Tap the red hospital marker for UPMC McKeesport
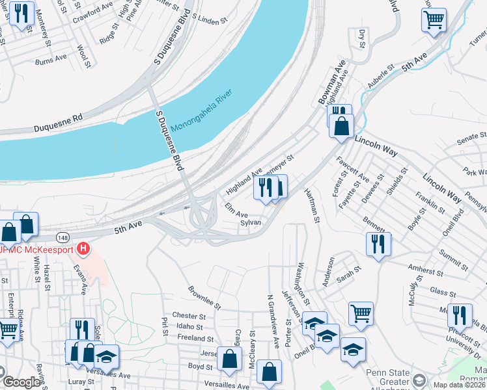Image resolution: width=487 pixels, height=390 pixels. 83,248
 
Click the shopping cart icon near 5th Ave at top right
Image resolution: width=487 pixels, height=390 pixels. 434,19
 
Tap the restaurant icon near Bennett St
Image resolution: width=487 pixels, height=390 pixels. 378,244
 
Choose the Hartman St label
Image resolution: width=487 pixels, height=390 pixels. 313,206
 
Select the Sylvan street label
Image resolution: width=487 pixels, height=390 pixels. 251,222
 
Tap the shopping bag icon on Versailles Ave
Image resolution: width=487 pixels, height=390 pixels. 269,372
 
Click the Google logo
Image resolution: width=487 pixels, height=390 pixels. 21,382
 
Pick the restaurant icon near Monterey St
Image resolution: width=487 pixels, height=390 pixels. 21,14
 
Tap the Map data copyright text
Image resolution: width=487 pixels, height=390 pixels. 458,384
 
